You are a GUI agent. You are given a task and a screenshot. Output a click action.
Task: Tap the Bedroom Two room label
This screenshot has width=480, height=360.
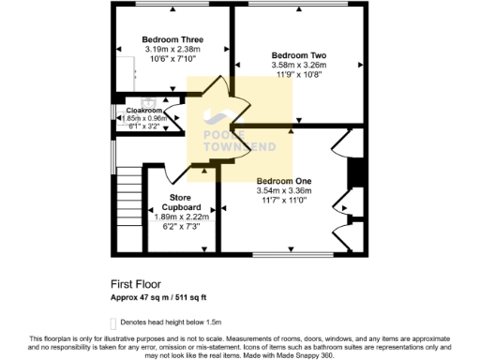297,54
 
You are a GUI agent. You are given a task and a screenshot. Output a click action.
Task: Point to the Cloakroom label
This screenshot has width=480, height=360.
144,110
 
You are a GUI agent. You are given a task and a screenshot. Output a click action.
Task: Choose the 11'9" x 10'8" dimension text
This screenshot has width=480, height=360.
297,75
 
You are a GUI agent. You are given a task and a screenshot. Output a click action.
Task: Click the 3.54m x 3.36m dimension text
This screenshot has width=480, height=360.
283,191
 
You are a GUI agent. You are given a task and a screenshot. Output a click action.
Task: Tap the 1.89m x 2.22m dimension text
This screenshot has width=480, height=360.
176,217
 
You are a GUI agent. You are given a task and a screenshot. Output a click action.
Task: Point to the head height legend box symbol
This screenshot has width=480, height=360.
115,322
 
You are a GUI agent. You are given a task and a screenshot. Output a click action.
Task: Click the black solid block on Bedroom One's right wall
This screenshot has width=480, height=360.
354,175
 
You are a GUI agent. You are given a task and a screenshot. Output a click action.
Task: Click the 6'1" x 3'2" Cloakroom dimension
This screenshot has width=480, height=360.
145,126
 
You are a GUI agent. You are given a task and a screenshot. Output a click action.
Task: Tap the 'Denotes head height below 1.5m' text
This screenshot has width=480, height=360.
173,322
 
